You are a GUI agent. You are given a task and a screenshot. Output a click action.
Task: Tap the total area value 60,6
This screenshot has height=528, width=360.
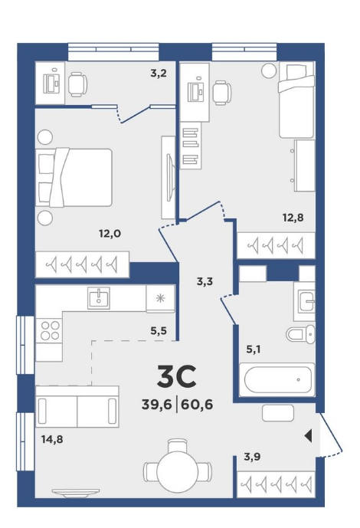(x=197, y=404)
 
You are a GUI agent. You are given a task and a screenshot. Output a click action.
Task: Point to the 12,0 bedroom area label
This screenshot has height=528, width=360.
(x=110, y=234)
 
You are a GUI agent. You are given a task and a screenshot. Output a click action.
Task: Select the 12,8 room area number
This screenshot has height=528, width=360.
(x=293, y=218)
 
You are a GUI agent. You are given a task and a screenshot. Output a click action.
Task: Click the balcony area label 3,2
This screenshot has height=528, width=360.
(x=159, y=73)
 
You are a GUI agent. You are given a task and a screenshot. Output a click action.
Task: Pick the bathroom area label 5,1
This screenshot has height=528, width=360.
(x=253, y=349)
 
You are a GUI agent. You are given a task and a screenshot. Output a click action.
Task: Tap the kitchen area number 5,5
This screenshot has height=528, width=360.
(x=159, y=331)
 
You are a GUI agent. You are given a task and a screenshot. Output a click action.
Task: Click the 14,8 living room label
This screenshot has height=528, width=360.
(x=52, y=439)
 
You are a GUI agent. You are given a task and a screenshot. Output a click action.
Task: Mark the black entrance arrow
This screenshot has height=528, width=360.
(x=308, y=436)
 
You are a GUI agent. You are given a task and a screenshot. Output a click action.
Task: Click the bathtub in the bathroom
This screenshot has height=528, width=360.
(x=277, y=380)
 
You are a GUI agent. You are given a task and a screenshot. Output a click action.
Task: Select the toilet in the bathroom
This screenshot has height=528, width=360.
(x=300, y=334)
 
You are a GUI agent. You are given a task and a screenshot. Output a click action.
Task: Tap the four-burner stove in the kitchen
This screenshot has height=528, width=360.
(x=50, y=330)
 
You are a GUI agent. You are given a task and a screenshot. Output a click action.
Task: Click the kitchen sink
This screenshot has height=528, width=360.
(x=99, y=298)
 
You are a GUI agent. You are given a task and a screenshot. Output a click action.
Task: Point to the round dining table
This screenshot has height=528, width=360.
(x=177, y=470)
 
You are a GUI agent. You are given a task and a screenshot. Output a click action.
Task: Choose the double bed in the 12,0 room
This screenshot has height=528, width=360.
(x=74, y=177)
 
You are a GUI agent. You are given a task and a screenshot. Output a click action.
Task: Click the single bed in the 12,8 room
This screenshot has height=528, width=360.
(x=296, y=100)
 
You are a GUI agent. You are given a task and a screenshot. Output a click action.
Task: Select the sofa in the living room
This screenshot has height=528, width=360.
(x=77, y=406)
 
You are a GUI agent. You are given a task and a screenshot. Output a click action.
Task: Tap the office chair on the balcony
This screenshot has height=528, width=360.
(x=77, y=84)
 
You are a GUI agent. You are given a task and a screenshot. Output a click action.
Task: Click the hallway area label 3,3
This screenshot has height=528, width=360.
(x=205, y=281)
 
